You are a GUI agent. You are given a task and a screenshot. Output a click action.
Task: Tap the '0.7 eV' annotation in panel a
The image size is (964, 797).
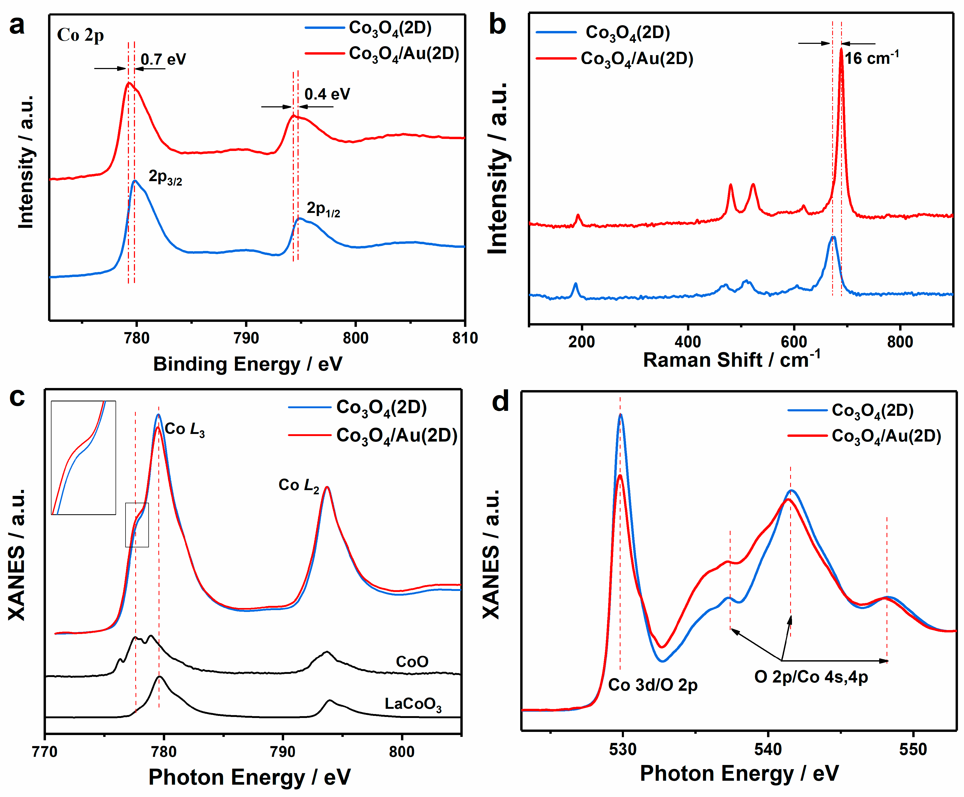click(163, 59)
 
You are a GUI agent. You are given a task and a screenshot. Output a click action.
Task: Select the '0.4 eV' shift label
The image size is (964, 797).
click(327, 94)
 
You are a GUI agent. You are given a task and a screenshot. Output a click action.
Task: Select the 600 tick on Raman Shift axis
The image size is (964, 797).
click(794, 342)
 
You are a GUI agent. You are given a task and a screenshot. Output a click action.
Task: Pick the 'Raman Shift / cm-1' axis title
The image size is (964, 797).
click(731, 359)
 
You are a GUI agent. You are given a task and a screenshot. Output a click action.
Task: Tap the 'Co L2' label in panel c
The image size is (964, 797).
click(298, 485)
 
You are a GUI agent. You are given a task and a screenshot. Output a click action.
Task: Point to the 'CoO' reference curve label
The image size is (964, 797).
click(412, 662)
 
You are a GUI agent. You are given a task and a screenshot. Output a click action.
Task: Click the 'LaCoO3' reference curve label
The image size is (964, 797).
click(413, 704)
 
